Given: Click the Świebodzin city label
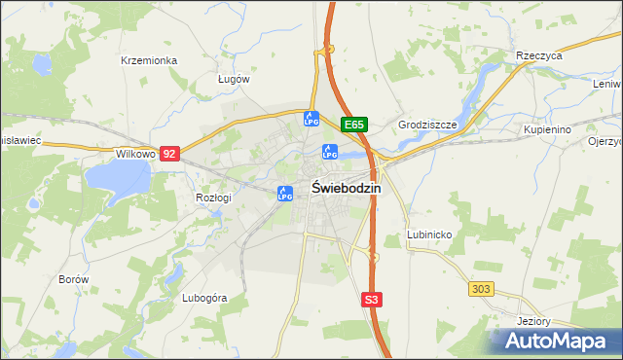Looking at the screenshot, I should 346,189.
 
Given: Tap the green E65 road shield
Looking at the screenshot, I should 354,125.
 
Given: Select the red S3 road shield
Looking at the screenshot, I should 371,301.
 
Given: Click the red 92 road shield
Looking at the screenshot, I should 170,154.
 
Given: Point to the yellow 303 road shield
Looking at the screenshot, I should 481,289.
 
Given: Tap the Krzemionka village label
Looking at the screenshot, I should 149,60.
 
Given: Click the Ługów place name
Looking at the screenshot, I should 234,79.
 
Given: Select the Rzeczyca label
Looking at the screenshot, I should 540,56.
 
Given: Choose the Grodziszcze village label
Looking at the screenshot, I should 427,126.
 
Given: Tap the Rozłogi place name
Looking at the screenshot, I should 213,198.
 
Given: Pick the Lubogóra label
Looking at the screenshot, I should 204,299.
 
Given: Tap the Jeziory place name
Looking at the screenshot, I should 533,322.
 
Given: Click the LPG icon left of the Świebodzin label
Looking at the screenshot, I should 284,194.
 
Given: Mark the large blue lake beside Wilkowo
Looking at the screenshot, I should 117,178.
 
